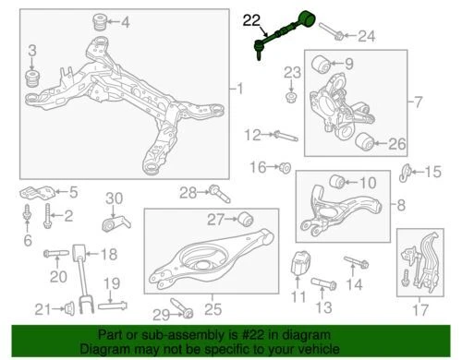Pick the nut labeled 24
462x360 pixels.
click(339, 36)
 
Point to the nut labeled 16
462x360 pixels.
click(286, 168)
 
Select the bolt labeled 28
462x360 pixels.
click(219, 193)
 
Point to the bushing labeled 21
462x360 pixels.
click(70, 307)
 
